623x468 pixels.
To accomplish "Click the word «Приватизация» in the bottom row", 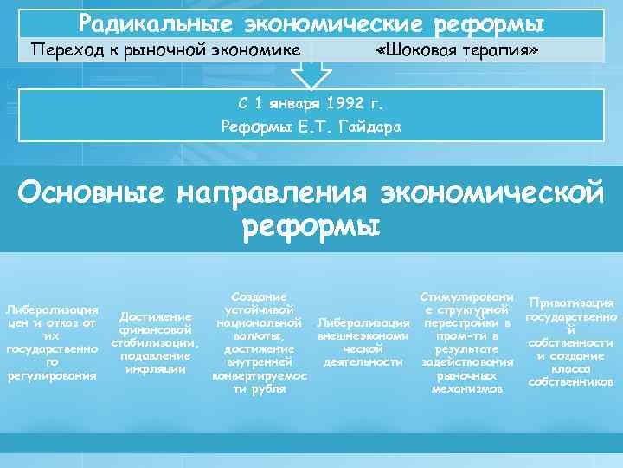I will point(571,302).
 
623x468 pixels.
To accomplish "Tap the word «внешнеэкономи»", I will point(363,335).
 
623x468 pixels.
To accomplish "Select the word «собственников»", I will point(571,381).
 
